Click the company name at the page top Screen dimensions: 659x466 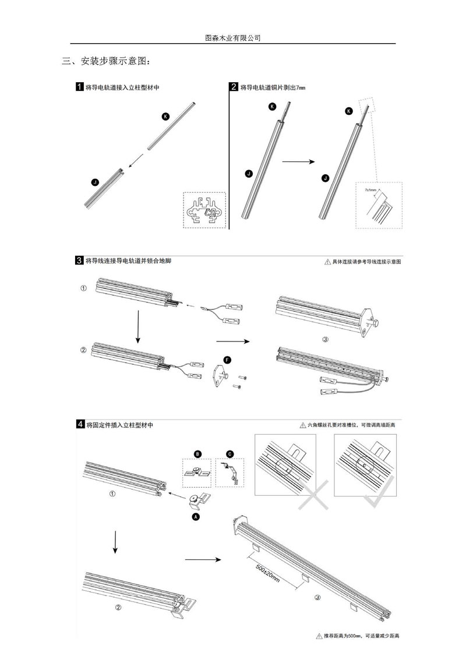tap(233, 37)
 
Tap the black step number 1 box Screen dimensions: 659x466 tap(79, 87)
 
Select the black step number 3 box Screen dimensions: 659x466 tap(79, 260)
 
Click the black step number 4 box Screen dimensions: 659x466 tap(79, 425)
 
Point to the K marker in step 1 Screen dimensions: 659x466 tap(165, 117)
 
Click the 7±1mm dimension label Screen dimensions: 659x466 tap(369, 190)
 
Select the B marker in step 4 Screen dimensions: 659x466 tap(197, 453)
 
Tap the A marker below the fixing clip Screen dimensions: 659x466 tap(196, 516)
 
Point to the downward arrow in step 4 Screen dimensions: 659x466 tap(115, 542)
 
